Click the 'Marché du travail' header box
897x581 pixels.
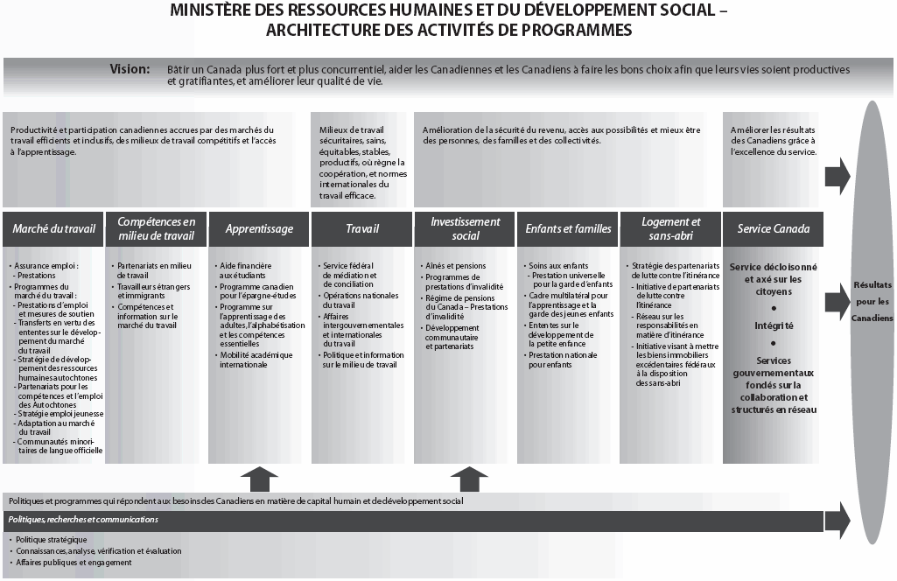point(53,229)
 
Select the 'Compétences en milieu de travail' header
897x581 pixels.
point(156,228)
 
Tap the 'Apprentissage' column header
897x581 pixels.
point(259,229)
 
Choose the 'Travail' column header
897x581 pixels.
point(362,229)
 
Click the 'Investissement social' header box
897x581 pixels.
point(466,228)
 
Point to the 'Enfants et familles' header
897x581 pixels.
point(568,229)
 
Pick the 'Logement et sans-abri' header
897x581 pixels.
point(671,228)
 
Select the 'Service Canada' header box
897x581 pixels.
point(774,229)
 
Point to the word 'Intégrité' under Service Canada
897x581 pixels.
point(774,325)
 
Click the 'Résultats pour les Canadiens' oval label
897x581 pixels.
point(872,301)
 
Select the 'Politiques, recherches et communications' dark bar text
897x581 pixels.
point(83,520)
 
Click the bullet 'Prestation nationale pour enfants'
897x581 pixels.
point(562,359)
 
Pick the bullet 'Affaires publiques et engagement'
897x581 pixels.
point(74,563)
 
